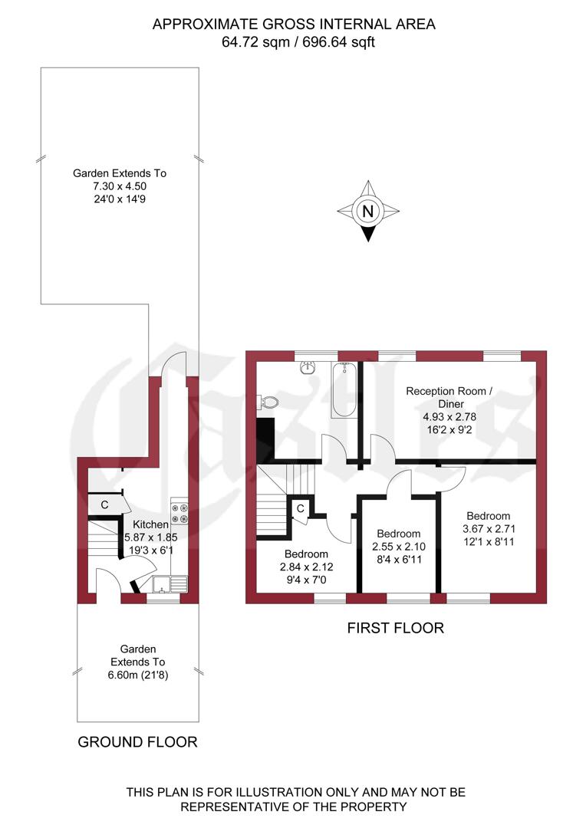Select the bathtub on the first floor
[343, 390]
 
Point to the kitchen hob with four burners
[179, 514]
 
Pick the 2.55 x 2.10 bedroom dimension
[398, 547]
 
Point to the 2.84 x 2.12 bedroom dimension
[306, 567]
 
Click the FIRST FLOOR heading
[395, 628]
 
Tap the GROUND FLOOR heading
[137, 742]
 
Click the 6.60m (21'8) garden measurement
[138, 675]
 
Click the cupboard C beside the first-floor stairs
[301, 508]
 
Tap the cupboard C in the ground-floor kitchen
[104, 504]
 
